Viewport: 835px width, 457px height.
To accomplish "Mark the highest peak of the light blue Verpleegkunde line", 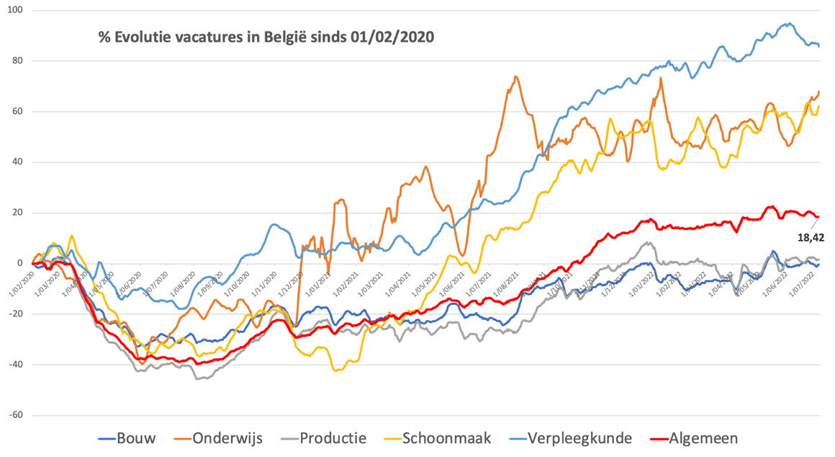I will point(789,23).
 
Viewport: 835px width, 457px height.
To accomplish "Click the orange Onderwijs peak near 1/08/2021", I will point(516,76).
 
